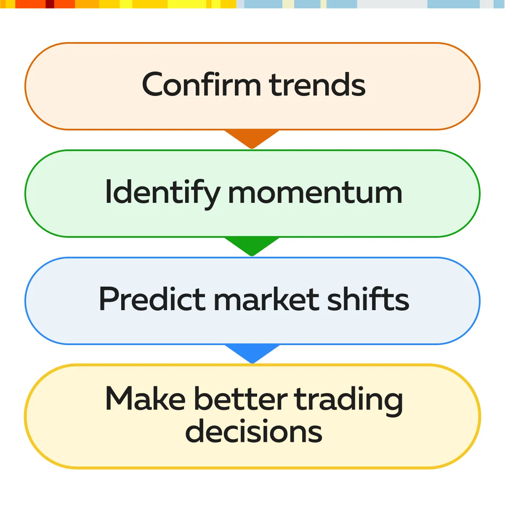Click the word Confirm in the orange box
pyautogui.click(x=201, y=84)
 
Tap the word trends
pyautogui.click(x=317, y=85)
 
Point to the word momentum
pyautogui.click(x=315, y=194)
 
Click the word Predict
pyautogui.click(x=152, y=298)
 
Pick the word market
pyautogui.click(x=266, y=298)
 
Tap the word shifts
pyautogui.click(x=368, y=298)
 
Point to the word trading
pyautogui.click(x=348, y=401)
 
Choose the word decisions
pyautogui.click(x=254, y=431)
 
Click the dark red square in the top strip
pyautogui.click(x=50, y=4)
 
